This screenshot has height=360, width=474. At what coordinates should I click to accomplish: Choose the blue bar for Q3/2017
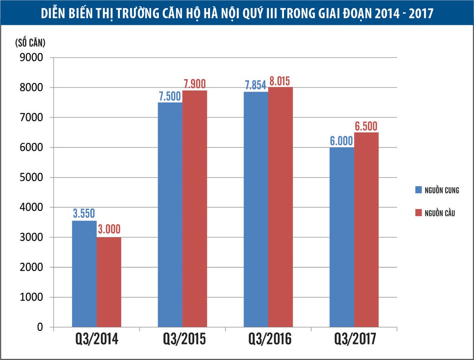342,237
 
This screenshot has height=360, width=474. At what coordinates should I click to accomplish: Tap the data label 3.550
84,214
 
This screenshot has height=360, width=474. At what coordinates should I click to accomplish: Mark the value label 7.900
195,84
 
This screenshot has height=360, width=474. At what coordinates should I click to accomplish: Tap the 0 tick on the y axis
40,327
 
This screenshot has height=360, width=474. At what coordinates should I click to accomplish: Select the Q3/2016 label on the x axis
270,339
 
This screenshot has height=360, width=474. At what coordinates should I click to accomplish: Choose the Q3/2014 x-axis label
96,339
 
